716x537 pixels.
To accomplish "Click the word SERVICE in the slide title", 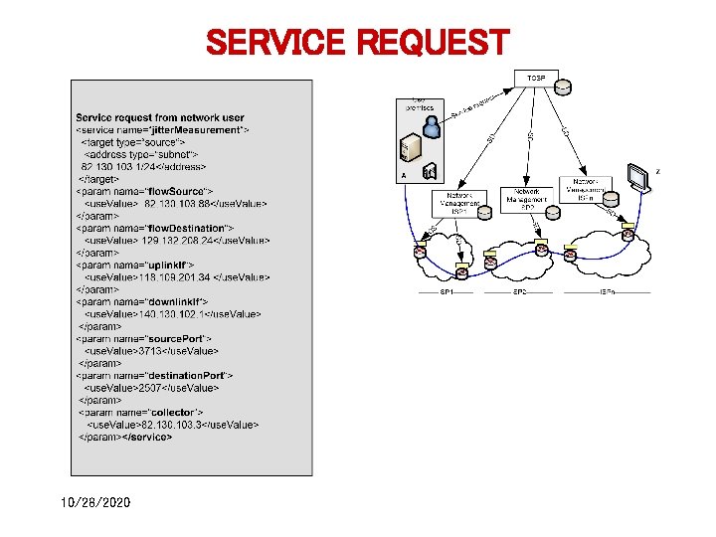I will coord(274,44).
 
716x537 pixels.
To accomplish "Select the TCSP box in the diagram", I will coord(536,77).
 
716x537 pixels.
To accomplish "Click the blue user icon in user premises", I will coord(432,125).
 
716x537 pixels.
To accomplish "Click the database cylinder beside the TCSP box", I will coord(564,88).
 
